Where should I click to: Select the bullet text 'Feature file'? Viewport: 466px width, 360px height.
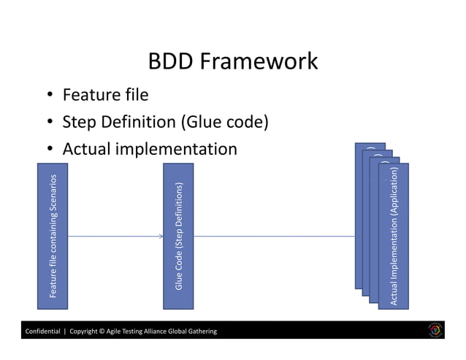tap(105, 95)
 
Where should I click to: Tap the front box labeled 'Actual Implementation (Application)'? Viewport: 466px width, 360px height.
tap(394, 237)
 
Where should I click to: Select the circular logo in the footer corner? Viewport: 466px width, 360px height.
tap(435, 331)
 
